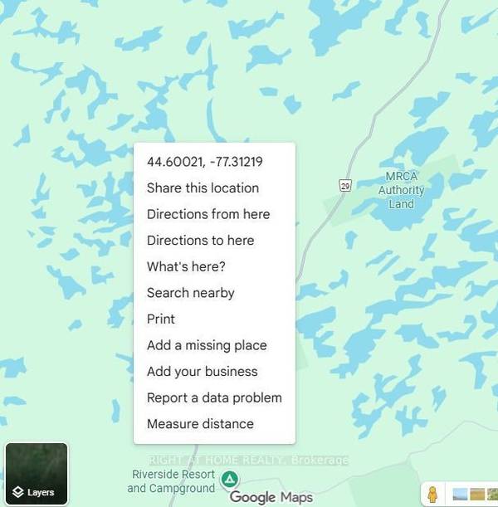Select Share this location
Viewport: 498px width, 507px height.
(x=203, y=188)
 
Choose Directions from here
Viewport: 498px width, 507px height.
(x=207, y=214)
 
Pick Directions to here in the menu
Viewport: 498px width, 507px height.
(x=200, y=240)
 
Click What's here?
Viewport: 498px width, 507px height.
(x=186, y=266)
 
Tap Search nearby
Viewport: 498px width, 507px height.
(x=190, y=293)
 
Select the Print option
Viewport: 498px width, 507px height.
(x=161, y=319)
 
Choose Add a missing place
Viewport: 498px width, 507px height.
(x=207, y=345)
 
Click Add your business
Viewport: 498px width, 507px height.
(x=202, y=371)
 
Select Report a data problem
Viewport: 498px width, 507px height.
(x=214, y=397)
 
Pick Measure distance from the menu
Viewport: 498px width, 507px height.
(x=200, y=424)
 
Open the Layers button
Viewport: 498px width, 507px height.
(x=37, y=475)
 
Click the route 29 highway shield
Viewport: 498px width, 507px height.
(x=345, y=186)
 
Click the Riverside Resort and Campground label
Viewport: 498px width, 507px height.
(x=171, y=480)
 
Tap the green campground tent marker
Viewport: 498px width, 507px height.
(x=231, y=479)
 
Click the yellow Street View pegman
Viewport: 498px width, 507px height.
(x=432, y=494)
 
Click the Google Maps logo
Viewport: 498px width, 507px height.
(x=271, y=497)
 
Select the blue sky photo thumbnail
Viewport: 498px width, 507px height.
(x=459, y=495)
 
